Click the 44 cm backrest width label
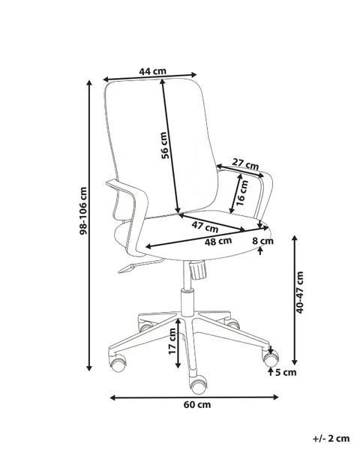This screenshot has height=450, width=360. point(153,71)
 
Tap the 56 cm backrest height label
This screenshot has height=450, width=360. point(164,145)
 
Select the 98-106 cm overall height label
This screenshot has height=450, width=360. point(83,211)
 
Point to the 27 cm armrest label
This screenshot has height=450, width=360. point(245,163)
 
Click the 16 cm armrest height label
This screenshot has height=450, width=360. point(242,193)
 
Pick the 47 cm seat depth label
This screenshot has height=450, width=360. point(205,227)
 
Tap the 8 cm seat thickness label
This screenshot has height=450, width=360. point(262,241)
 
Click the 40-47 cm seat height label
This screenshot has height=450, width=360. point(300,292)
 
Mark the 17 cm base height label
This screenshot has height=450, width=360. point(172,341)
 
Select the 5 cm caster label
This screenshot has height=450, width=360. point(286,373)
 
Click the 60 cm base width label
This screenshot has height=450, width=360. point(197,405)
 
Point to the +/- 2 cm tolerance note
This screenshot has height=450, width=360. point(331,439)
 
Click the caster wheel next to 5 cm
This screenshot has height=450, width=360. point(271,359)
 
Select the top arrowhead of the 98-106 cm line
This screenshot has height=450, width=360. point(89,83)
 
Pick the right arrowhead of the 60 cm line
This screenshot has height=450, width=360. point(276,397)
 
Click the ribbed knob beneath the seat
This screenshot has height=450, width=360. point(198,270)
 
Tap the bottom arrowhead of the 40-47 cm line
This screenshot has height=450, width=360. point(295,362)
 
